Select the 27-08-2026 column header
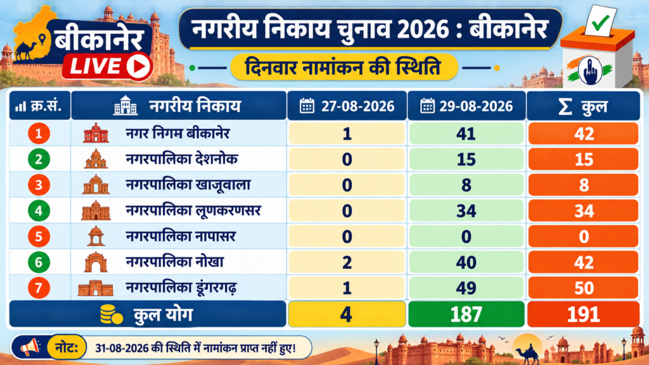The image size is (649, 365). coord(347,106)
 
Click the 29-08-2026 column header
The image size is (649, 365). coord(466,106)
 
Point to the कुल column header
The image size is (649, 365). coord(583,106)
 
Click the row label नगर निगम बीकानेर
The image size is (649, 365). coord(177,134)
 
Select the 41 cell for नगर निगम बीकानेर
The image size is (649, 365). coord(466,134)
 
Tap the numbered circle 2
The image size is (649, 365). coord(39,159)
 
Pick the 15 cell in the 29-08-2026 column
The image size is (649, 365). coord(466,159)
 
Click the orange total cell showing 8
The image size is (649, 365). coord(584,185)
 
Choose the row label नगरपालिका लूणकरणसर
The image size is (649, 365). coord(193,211)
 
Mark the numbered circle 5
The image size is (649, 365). coord(39,236)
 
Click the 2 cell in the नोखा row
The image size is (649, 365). coord(347,262)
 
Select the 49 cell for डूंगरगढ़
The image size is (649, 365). coord(466,288)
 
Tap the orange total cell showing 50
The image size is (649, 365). coord(584,288)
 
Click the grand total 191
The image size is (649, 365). coord(584,314)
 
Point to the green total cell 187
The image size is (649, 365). coord(466,314)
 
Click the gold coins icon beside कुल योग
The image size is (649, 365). coord(112,314)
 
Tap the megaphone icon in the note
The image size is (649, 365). coord(30,347)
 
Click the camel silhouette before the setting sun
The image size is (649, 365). coord(527,355)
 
